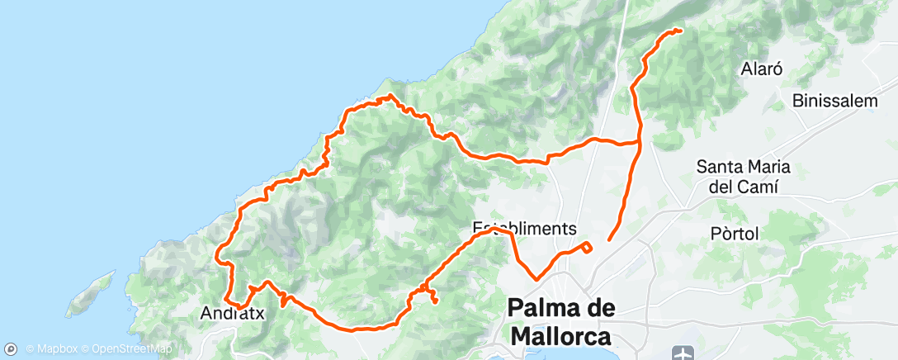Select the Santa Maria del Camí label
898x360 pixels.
pyautogui.click(x=743, y=176)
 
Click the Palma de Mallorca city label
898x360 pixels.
pyautogui.click(x=561, y=322)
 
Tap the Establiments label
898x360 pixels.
pyautogui.click(x=524, y=227)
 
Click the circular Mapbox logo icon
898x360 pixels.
pyautogui.click(x=12, y=348)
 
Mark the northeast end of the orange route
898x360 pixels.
pyautogui.click(x=679, y=31)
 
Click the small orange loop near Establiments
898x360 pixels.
pyautogui.click(x=585, y=246)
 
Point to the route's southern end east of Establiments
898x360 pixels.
pyautogui.click(x=609, y=239)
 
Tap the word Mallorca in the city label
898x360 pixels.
pyautogui.click(x=561, y=337)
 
